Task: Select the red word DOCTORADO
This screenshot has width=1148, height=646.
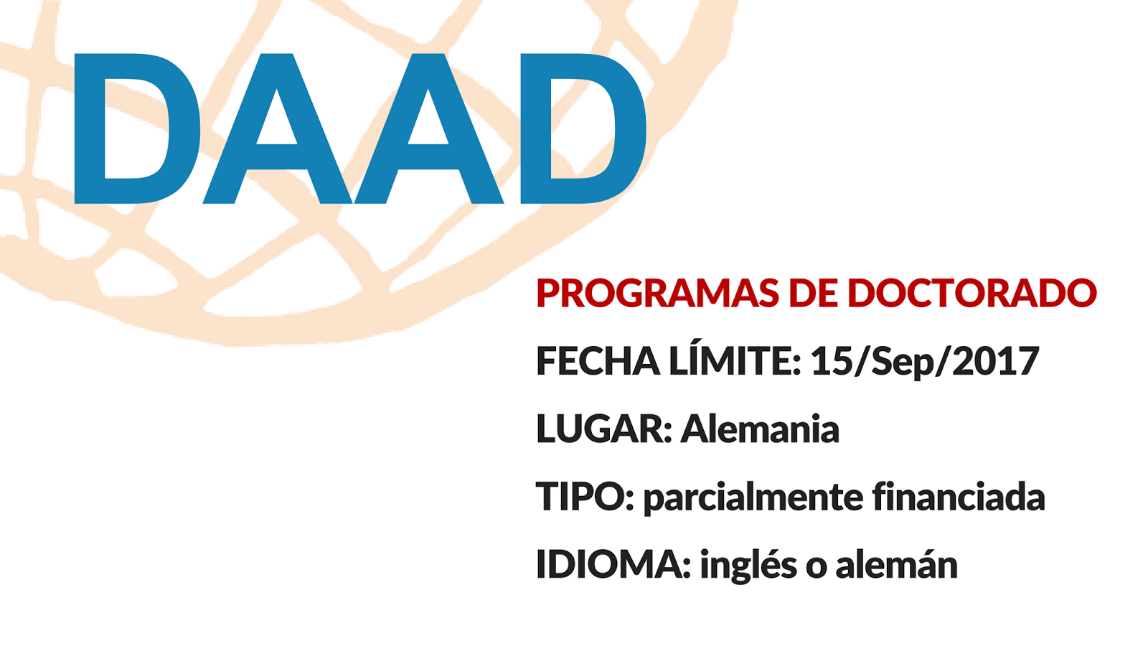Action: (972, 293)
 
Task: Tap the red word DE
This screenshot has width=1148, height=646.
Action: (814, 293)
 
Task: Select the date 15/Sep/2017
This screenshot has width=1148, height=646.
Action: (925, 362)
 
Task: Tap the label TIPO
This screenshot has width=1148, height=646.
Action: (585, 496)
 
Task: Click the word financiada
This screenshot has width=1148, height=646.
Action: (959, 496)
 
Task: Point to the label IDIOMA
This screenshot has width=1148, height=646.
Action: (613, 564)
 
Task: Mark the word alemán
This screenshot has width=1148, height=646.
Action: (896, 563)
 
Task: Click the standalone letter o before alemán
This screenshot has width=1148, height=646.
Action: (817, 568)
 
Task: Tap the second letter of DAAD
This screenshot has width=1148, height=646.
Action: (277, 128)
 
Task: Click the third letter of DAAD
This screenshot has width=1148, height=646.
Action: (429, 128)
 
